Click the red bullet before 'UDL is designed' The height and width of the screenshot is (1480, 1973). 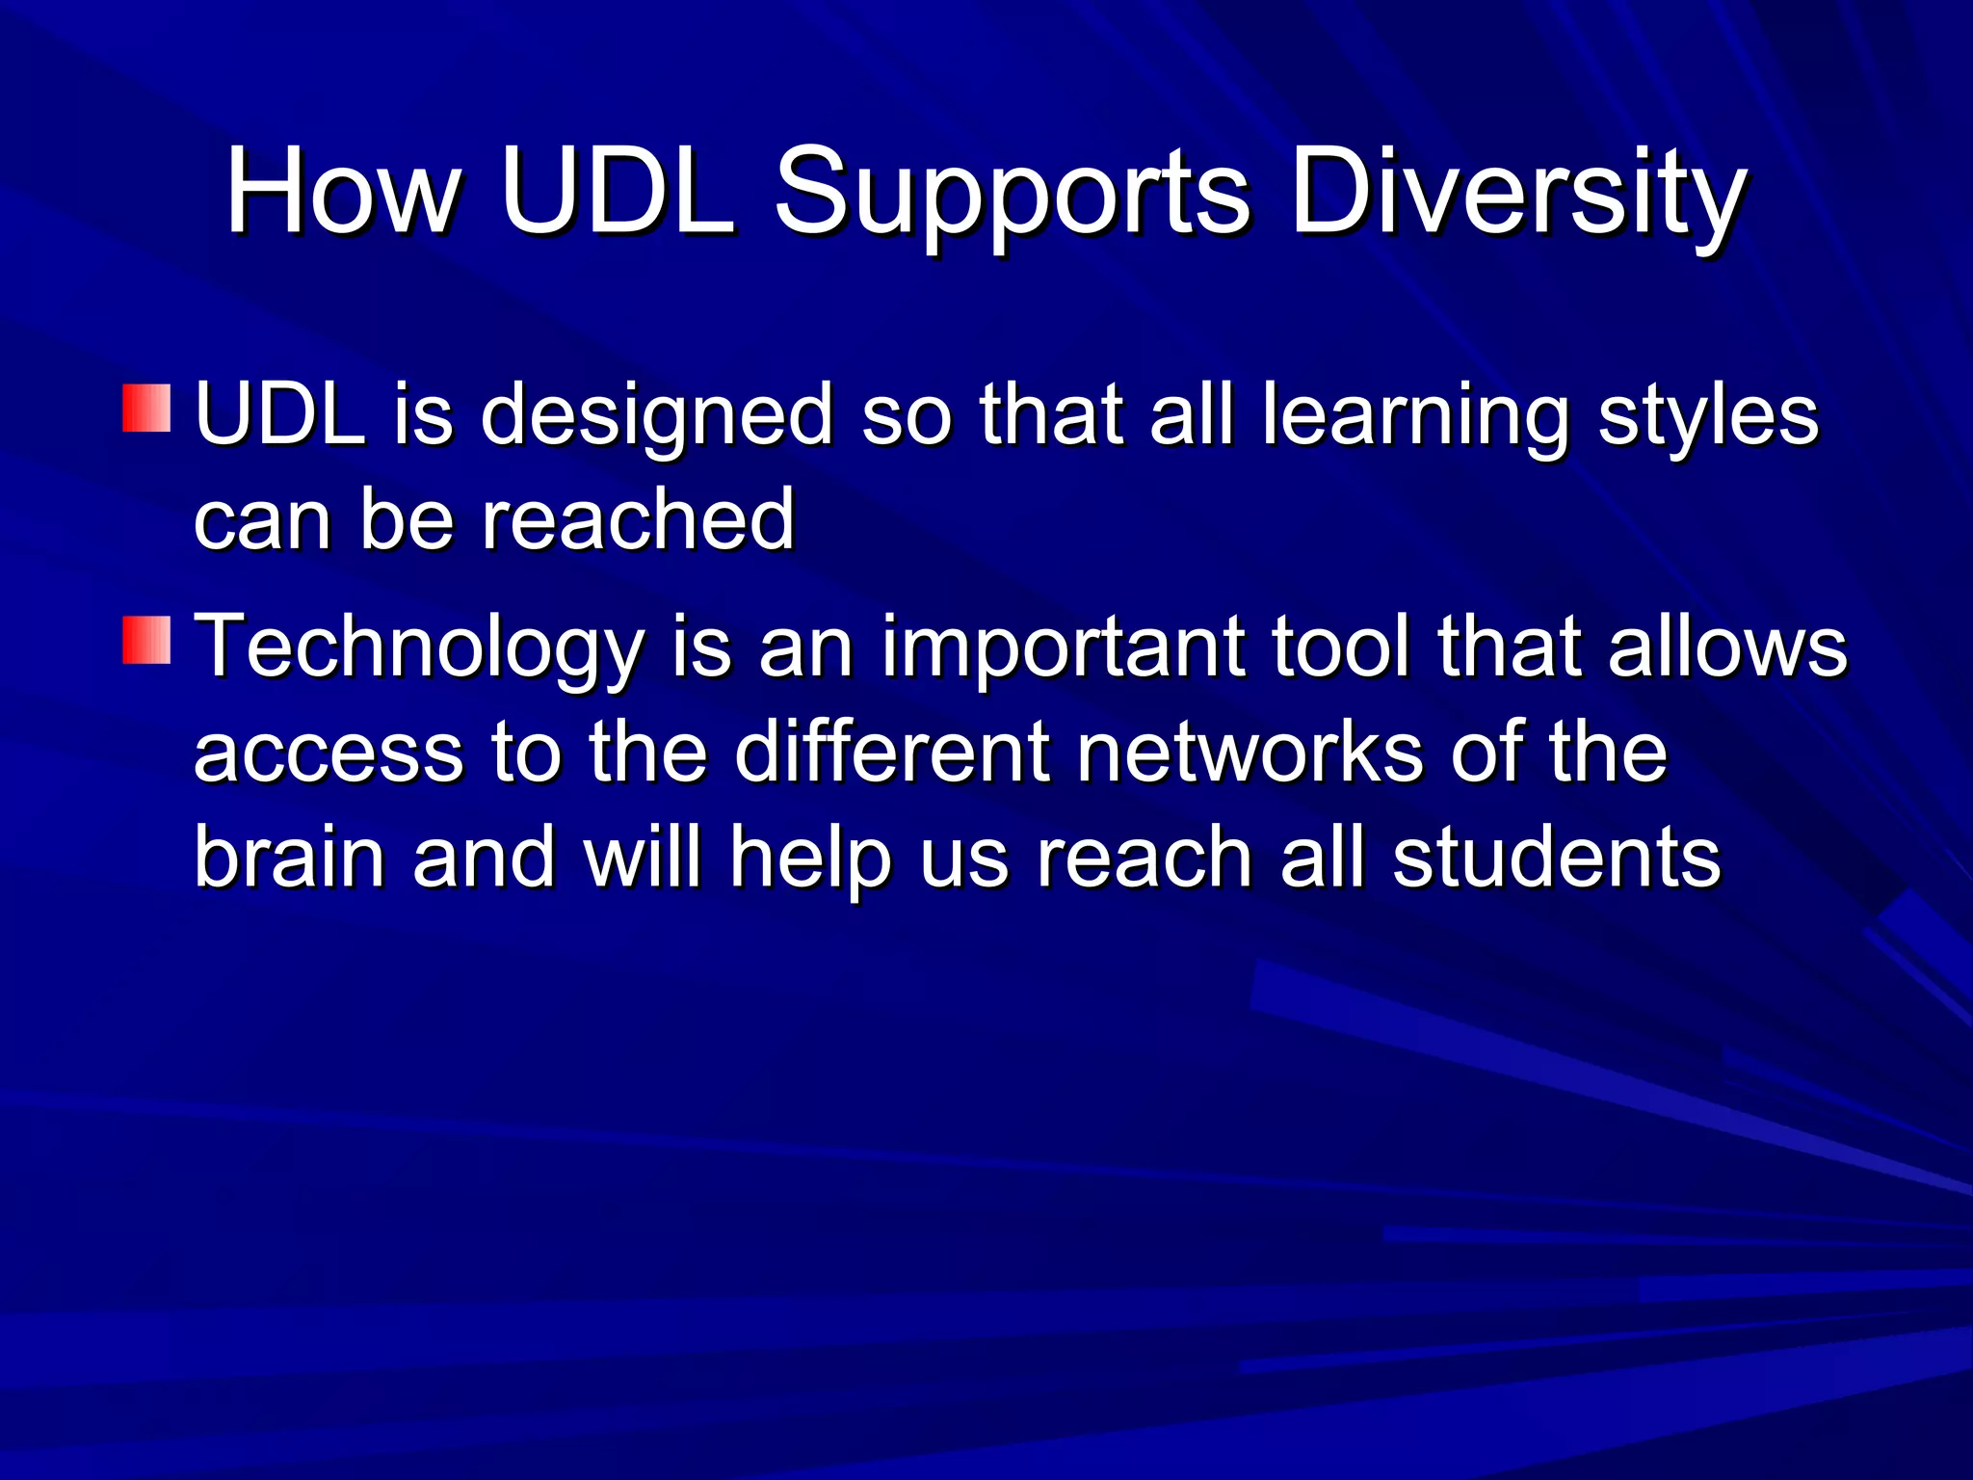pos(146,409)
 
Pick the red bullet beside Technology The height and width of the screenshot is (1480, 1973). pos(146,641)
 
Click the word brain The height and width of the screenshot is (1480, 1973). pos(290,857)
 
